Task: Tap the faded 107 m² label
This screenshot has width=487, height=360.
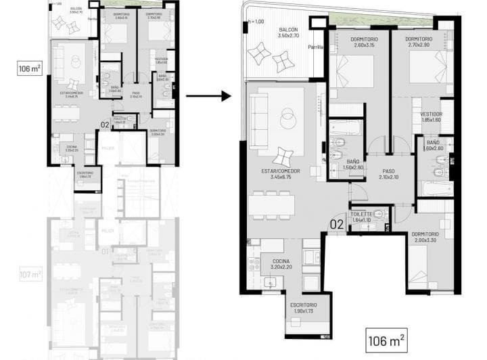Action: (30, 275)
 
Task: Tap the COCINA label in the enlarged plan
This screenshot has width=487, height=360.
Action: (281, 264)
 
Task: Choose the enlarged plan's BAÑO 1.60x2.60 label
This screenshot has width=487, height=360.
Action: (432, 145)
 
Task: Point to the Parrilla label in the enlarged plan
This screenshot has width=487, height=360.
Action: (315, 48)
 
